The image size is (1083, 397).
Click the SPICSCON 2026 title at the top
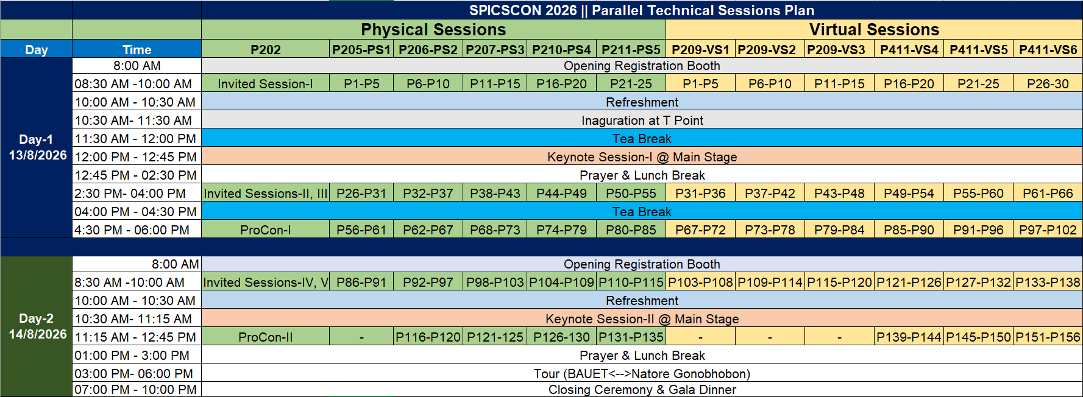(642, 10)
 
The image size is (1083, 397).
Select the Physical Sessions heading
(433, 29)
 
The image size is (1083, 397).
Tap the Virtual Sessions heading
(874, 29)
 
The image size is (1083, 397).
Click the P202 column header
(266, 49)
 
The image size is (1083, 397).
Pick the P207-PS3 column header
(495, 49)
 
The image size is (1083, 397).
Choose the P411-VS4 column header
(909, 49)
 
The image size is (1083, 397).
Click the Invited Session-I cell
(265, 83)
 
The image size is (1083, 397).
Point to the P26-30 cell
(1048, 83)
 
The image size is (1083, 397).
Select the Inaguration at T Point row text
(642, 120)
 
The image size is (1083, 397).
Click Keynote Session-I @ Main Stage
(642, 156)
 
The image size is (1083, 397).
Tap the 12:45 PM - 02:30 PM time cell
(136, 175)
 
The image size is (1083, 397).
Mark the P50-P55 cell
(631, 193)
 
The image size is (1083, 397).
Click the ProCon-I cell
(266, 230)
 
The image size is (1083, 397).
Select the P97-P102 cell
(1048, 230)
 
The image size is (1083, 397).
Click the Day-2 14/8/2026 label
(37, 326)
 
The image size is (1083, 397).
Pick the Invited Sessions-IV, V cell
(266, 282)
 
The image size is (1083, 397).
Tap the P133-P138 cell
(1048, 282)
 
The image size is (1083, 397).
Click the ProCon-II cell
(266, 337)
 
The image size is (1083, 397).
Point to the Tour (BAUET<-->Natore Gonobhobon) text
(642, 373)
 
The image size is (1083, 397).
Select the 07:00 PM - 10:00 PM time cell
(136, 389)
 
